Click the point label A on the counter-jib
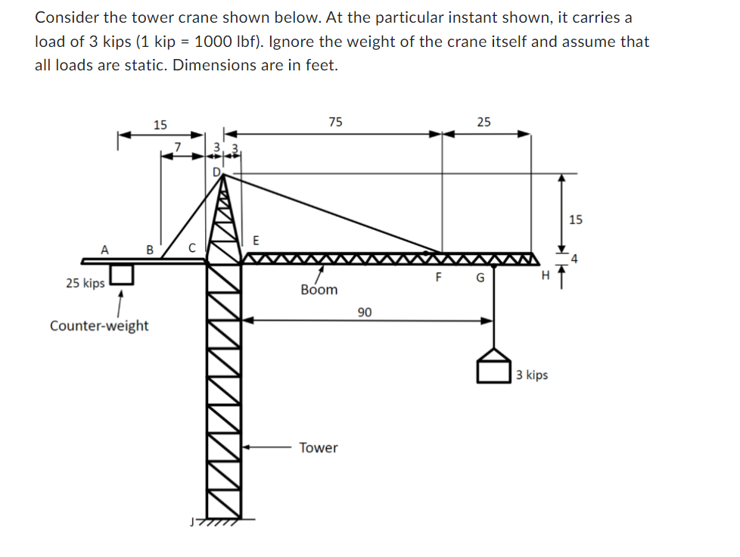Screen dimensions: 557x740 tap(105, 248)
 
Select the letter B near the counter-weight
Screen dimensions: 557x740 tap(149, 248)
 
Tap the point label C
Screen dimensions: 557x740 tap(191, 247)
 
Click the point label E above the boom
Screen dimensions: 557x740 tap(256, 241)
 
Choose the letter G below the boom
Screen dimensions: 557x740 tap(480, 278)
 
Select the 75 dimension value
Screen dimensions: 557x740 tap(335, 121)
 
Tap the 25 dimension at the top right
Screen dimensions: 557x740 tap(483, 121)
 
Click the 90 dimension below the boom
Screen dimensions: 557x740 tap(365, 312)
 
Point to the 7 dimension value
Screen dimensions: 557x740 tap(178, 145)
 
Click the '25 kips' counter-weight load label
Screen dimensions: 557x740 tap(85, 283)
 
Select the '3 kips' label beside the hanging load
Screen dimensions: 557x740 tap(532, 375)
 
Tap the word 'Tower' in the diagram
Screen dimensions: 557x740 tap(319, 447)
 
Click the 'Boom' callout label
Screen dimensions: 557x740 tap(319, 290)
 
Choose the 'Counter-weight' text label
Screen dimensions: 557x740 tap(99, 325)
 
